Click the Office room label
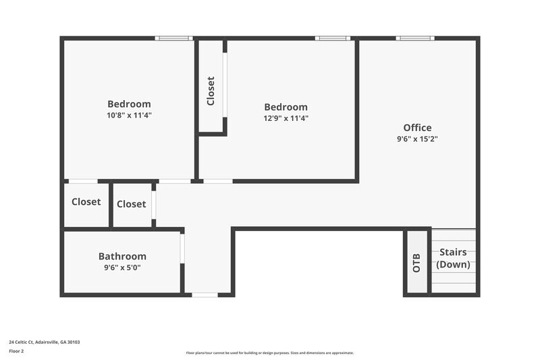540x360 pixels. click(417, 128)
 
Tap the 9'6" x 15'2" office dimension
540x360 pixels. click(417, 139)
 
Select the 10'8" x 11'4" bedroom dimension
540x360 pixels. click(129, 115)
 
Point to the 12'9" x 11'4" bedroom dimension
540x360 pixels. click(286, 118)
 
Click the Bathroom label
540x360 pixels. click(122, 257)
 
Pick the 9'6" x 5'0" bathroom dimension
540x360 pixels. click(122, 267)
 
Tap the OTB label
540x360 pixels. click(416, 263)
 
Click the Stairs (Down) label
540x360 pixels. click(453, 258)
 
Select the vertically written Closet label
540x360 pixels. click(211, 91)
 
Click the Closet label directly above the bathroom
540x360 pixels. click(86, 202)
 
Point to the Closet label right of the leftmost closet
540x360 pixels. click(131, 204)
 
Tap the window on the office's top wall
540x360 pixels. click(415, 38)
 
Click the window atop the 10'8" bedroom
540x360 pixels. click(173, 38)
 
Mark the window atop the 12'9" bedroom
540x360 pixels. click(333, 38)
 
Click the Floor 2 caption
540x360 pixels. click(16, 351)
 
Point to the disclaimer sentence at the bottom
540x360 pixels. click(270, 353)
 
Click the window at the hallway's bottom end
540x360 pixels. click(205, 294)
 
